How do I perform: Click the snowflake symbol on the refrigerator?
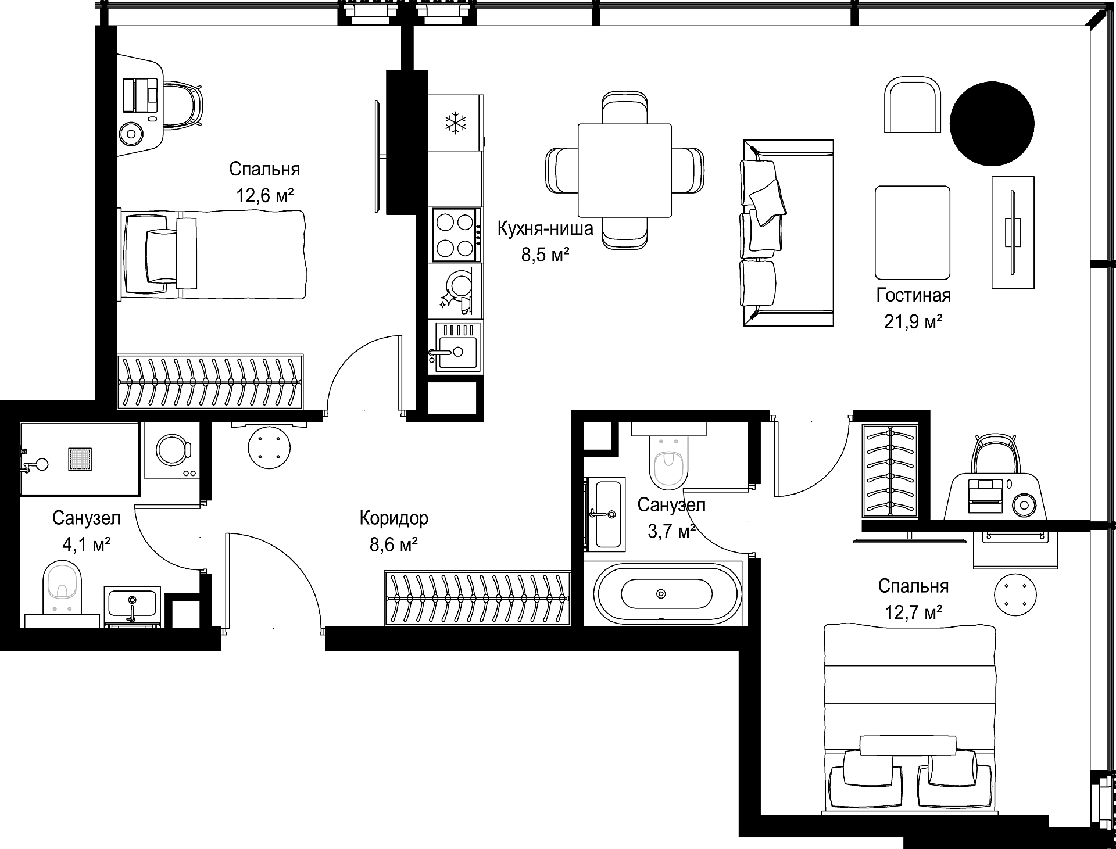[x=456, y=123]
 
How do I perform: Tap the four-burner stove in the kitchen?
[x=456, y=235]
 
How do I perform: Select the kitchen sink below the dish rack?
[x=456, y=347]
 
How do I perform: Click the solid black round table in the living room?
[x=992, y=123]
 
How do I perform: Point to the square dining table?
[x=625, y=170]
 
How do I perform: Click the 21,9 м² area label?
[x=913, y=321]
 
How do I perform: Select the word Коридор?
[x=394, y=518]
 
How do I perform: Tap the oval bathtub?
[x=667, y=594]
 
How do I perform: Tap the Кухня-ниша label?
[x=545, y=228]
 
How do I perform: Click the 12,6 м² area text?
[x=264, y=195]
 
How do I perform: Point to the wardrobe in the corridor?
[x=477, y=599]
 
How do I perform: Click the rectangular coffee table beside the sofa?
[x=913, y=232]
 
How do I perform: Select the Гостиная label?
[x=913, y=295]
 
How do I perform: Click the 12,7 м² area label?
[x=913, y=612]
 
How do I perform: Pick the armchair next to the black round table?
[x=913, y=106]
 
